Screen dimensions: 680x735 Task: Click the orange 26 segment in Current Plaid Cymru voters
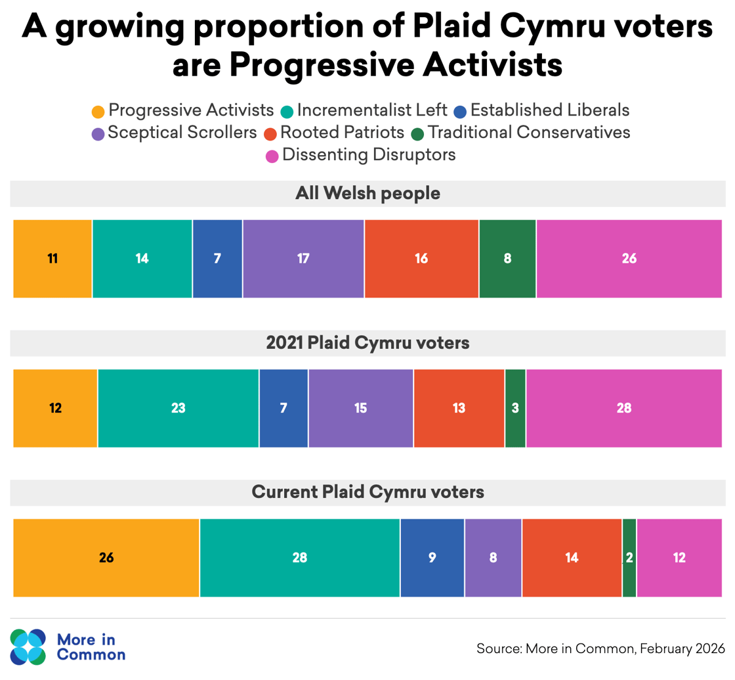106,558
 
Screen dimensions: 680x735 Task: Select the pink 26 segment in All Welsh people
629,259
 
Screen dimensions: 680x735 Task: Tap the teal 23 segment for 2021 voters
178,408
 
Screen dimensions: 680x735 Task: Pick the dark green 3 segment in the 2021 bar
515,408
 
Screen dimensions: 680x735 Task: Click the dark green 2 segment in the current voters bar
629,558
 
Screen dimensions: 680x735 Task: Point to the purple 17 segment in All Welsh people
303,259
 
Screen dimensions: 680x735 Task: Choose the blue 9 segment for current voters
432,558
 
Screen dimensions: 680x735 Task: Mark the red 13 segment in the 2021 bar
459,408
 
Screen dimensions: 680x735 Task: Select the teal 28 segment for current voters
299,558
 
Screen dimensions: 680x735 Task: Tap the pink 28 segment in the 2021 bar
623,408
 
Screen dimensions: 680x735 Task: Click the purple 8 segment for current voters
493,558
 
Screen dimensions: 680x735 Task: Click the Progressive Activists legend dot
98,111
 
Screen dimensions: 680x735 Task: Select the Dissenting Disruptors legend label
369,155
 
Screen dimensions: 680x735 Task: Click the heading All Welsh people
367,194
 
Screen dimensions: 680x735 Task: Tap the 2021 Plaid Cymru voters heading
367,343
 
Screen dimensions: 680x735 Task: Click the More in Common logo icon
28,646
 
